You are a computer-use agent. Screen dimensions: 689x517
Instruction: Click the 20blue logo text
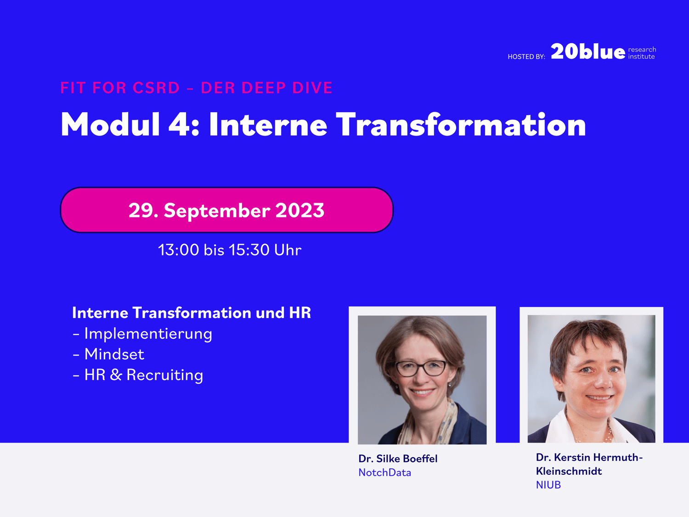[588, 51]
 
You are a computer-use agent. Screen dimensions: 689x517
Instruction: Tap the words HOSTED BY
[526, 57]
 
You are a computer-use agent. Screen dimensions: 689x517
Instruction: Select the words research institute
[642, 53]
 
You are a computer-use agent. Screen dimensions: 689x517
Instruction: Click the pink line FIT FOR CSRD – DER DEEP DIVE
[196, 88]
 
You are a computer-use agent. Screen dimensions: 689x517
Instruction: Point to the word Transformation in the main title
[461, 125]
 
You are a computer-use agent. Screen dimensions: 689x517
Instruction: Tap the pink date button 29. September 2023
[226, 210]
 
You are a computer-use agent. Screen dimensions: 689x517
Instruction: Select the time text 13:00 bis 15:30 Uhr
[230, 250]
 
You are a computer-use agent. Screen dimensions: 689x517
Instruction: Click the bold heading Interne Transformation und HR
[192, 313]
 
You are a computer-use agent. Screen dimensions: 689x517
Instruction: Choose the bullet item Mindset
[108, 354]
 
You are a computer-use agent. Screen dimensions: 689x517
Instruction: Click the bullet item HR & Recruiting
[138, 375]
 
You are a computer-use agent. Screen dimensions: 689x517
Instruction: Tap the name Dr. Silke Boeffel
[398, 459]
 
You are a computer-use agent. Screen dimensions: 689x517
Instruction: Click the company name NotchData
[384, 473]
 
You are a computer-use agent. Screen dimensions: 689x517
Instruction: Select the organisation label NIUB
[548, 485]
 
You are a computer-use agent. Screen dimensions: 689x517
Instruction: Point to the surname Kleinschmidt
[569, 471]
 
